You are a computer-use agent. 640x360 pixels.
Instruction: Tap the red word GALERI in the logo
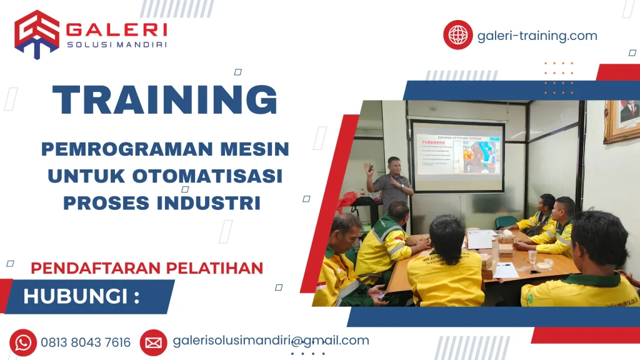[x=116, y=29]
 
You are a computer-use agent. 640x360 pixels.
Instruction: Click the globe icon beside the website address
[x=458, y=35]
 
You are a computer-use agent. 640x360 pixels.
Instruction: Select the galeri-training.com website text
[x=537, y=36]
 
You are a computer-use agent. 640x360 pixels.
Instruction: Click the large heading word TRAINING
[x=164, y=99]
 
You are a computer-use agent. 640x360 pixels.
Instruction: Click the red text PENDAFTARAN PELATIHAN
[x=147, y=268]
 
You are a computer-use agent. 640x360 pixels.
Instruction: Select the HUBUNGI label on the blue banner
[x=81, y=296]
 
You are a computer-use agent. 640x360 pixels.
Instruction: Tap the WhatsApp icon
[x=23, y=342]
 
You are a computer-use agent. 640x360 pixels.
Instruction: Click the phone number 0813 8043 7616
[x=86, y=342]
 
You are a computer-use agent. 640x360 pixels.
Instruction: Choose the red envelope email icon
[x=153, y=342]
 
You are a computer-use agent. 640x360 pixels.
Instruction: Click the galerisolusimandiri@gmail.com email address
[x=271, y=341]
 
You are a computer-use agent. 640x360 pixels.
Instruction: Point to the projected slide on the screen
[x=457, y=151]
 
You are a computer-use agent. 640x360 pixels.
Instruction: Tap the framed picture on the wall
[x=622, y=119]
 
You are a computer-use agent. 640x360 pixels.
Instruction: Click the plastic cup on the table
[x=532, y=256]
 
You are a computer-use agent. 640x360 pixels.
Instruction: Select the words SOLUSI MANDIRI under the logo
[x=116, y=44]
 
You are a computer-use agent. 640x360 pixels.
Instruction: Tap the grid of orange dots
[x=558, y=78]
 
